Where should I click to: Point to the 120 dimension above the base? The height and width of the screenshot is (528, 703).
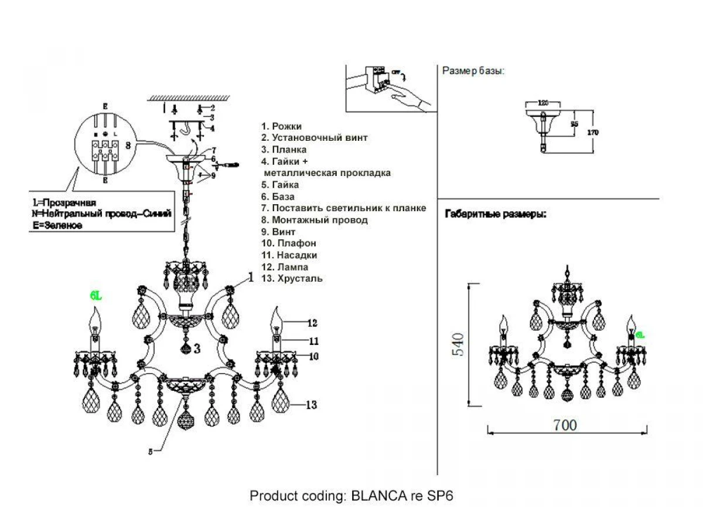coord(543,103)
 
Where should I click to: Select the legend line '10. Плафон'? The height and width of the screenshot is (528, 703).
coord(289,243)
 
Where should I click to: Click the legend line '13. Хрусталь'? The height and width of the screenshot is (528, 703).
coord(292,279)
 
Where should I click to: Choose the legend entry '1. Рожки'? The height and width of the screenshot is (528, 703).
coord(282,126)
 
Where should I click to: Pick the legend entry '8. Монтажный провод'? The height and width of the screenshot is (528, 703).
coord(315,220)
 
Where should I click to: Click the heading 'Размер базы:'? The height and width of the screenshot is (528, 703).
coord(473,71)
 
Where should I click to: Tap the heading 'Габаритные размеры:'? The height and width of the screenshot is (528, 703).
coord(496,214)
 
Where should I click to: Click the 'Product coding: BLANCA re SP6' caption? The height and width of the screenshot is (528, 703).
coord(351,496)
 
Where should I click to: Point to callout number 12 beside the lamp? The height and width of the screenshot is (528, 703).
coord(312,323)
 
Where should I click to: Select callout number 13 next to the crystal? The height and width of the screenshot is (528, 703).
coord(311,404)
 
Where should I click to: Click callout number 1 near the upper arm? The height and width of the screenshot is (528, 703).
coord(251,277)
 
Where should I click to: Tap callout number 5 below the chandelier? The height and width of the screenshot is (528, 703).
coord(151,451)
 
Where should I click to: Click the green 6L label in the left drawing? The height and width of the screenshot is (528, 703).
coord(96,297)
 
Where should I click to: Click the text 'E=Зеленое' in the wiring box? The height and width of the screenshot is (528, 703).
coord(57,225)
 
